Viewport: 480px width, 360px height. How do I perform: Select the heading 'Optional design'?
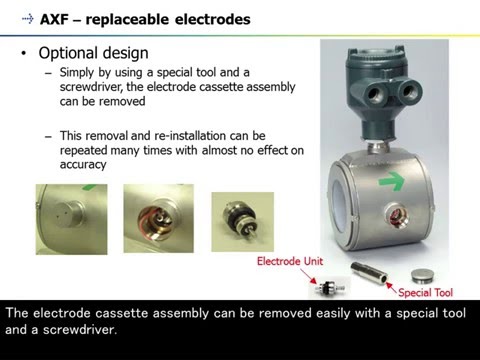(x=93, y=52)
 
